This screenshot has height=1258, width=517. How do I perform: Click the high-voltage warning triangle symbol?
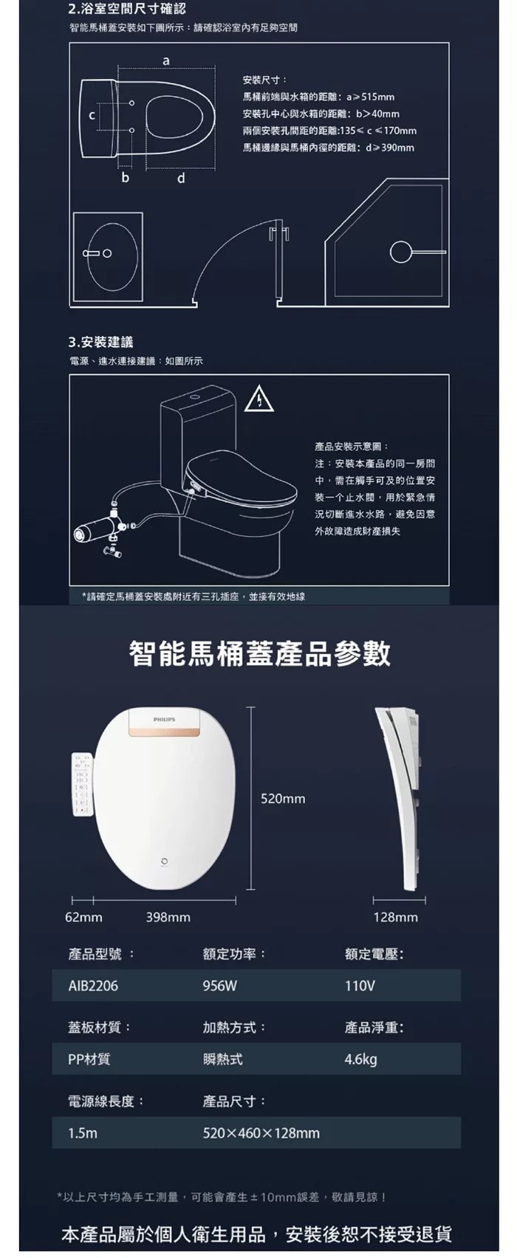point(259,400)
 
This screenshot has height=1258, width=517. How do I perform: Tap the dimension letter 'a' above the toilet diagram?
point(165,60)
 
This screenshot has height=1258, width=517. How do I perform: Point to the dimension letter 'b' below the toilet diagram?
point(125,178)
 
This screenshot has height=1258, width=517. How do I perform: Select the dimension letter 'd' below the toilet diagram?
point(181,179)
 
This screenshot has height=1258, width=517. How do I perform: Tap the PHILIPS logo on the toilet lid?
point(164,719)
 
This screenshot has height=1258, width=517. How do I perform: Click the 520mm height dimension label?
point(283,799)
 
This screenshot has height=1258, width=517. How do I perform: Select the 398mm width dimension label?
point(168,918)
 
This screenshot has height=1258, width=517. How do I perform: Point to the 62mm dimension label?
point(83,918)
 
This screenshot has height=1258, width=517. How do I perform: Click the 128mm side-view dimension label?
point(396,918)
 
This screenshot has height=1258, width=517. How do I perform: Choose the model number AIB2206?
point(93,986)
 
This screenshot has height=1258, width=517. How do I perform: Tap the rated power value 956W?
point(220,986)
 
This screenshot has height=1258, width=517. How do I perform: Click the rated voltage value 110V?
point(360,986)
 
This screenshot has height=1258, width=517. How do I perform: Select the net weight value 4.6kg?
point(360,1059)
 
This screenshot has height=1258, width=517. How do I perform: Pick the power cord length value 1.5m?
point(83,1132)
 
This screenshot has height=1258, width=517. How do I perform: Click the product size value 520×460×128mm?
point(261,1132)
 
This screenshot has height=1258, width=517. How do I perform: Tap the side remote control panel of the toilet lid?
point(83,785)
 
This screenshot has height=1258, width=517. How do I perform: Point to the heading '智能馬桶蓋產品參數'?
point(259,653)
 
